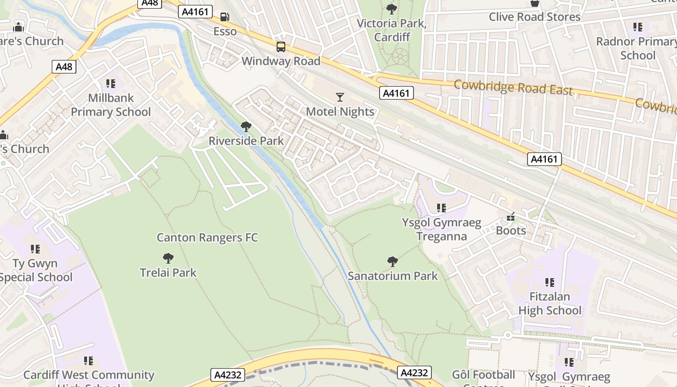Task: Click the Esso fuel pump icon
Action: [225, 17]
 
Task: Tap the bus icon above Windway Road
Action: [281, 47]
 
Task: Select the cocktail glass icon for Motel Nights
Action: [340, 97]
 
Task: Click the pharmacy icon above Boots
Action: [510, 217]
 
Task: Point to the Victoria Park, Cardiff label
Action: [392, 30]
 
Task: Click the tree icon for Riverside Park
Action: [246, 127]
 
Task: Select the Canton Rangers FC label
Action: [207, 238]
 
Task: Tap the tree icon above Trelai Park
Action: [168, 258]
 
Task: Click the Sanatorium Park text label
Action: [393, 276]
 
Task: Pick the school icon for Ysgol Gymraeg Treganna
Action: [441, 208]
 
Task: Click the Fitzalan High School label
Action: [550, 303]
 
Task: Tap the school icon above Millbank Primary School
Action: [111, 84]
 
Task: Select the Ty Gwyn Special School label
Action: [36, 270]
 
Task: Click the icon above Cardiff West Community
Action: [88, 361]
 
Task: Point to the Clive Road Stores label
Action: [534, 17]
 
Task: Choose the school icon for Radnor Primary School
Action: [637, 27]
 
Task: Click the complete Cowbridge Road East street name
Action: [513, 88]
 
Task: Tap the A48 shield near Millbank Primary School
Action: [64, 66]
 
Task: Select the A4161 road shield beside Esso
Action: [195, 12]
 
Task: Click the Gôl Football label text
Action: [484, 375]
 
